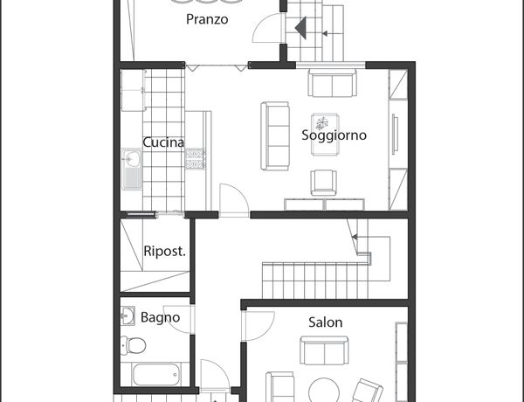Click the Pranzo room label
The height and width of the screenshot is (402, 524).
(x=207, y=19)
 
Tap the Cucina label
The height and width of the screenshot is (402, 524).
(x=163, y=142)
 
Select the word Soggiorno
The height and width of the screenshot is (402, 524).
(x=334, y=135)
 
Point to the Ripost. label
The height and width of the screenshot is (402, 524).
(x=164, y=251)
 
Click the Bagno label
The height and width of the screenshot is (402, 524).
(x=160, y=317)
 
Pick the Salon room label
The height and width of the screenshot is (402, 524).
(x=325, y=322)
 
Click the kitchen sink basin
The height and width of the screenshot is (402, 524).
(x=133, y=158)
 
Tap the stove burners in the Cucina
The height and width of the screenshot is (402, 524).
(x=195, y=158)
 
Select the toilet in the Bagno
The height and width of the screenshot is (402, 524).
(x=133, y=345)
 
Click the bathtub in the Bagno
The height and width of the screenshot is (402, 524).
(x=156, y=375)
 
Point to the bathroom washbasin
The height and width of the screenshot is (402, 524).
(x=128, y=315)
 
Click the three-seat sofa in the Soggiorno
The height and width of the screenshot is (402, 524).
(x=275, y=136)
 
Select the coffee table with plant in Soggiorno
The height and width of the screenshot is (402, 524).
(x=325, y=135)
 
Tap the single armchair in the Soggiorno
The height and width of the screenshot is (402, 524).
(x=323, y=183)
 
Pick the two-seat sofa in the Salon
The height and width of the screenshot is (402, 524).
(x=324, y=350)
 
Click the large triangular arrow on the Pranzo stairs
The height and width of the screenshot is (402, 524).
(x=301, y=28)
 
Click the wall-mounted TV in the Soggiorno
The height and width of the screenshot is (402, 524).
(x=395, y=134)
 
